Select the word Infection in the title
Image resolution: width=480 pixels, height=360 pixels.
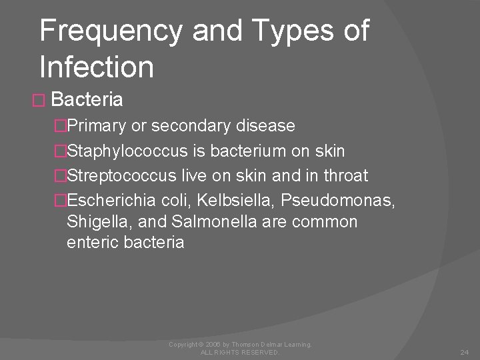pyautogui.click(x=97, y=67)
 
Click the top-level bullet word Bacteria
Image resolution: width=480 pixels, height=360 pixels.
pyautogui.click(x=87, y=100)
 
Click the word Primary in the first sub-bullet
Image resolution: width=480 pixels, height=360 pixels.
pyautogui.click(x=99, y=126)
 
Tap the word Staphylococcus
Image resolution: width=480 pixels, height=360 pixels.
pyautogui.click(x=127, y=151)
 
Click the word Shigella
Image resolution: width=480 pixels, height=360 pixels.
pyautogui.click(x=93, y=221)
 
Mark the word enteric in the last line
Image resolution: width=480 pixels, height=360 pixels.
pyautogui.click(x=93, y=243)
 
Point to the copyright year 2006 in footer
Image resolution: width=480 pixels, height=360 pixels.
pyautogui.click(x=213, y=344)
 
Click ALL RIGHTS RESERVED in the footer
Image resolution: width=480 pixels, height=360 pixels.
pyautogui.click(x=240, y=352)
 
